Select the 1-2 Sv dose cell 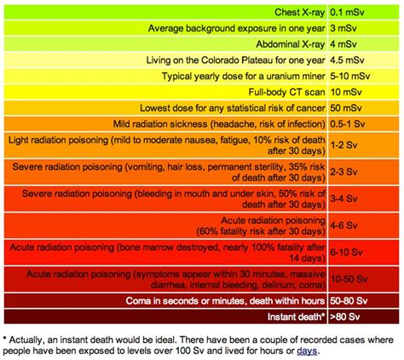(343, 144)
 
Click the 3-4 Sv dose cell (343, 199)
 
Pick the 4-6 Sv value (343, 226)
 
